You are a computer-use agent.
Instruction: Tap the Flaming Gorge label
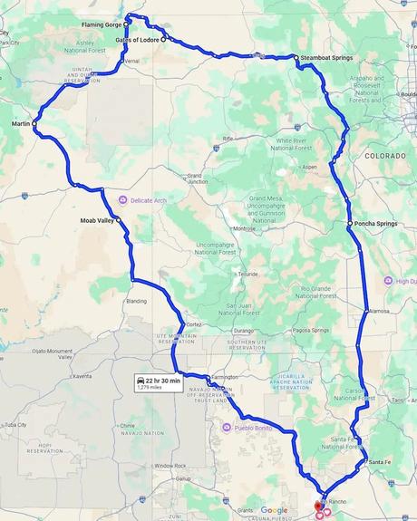click(x=101, y=24)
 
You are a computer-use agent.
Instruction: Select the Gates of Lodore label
click(x=137, y=40)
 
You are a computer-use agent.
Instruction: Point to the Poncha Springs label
click(x=375, y=223)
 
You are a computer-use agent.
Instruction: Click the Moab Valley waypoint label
click(x=93, y=219)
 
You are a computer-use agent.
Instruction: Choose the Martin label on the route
click(x=21, y=122)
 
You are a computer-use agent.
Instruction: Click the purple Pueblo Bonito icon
click(x=227, y=427)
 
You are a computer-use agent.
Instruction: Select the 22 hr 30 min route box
click(x=159, y=381)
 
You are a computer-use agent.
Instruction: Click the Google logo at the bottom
click(x=274, y=510)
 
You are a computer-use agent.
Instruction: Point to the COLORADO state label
click(x=386, y=157)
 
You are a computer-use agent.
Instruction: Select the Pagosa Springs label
click(x=310, y=330)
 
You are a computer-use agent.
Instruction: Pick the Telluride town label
click(x=248, y=274)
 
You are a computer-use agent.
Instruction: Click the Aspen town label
click(x=310, y=168)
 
